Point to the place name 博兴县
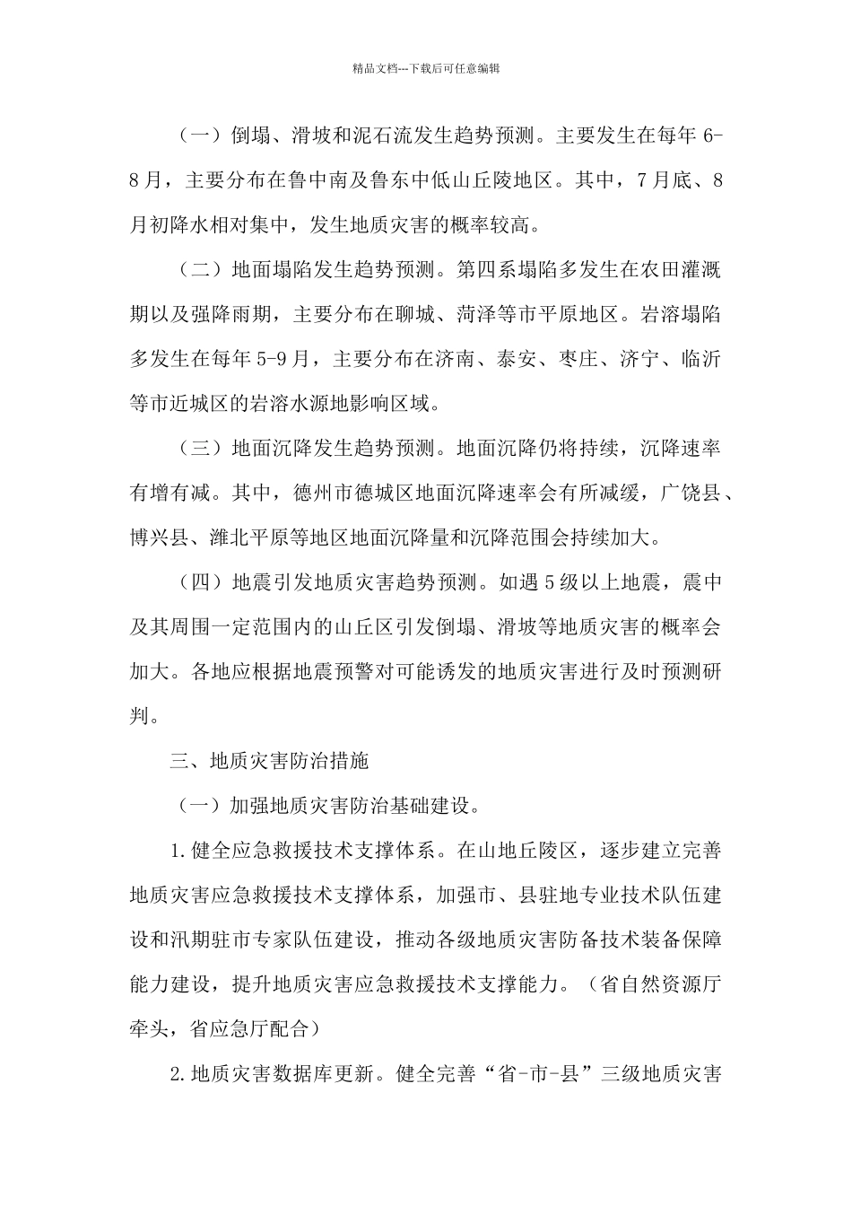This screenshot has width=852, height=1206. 160,537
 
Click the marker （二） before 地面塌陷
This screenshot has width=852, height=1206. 199,271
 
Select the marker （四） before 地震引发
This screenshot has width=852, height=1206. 199,582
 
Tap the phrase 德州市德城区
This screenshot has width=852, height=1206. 354,493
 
